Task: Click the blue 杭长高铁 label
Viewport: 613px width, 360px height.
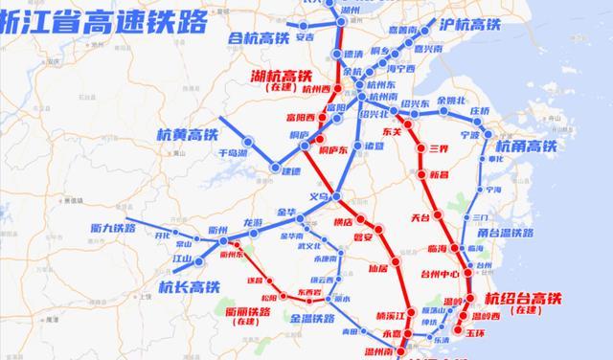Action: pos(189,285)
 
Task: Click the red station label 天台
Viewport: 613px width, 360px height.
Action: pos(420,218)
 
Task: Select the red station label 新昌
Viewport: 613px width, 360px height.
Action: pos(440,174)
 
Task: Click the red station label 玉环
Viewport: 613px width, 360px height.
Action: pos(477,332)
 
